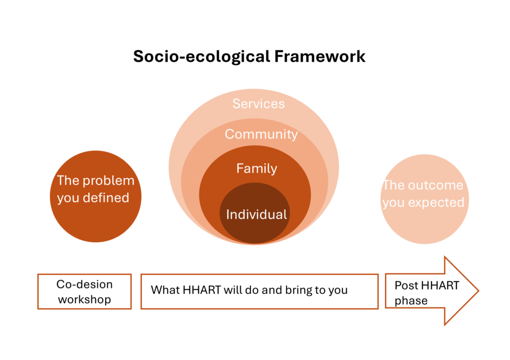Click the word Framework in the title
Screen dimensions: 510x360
320,56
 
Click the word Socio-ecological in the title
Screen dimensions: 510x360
201,57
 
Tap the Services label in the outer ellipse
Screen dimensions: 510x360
259,104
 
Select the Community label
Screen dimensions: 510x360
261,134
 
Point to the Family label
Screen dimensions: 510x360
257,168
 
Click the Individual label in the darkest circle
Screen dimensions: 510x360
257,214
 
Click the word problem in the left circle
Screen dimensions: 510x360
109,181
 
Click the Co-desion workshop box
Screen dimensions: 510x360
85,291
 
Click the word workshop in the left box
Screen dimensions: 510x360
85,299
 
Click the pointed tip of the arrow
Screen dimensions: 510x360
478,291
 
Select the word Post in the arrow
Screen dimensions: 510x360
406,286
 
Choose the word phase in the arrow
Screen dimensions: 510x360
411,300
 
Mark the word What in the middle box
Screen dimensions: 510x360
165,290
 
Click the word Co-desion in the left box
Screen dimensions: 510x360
85,284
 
